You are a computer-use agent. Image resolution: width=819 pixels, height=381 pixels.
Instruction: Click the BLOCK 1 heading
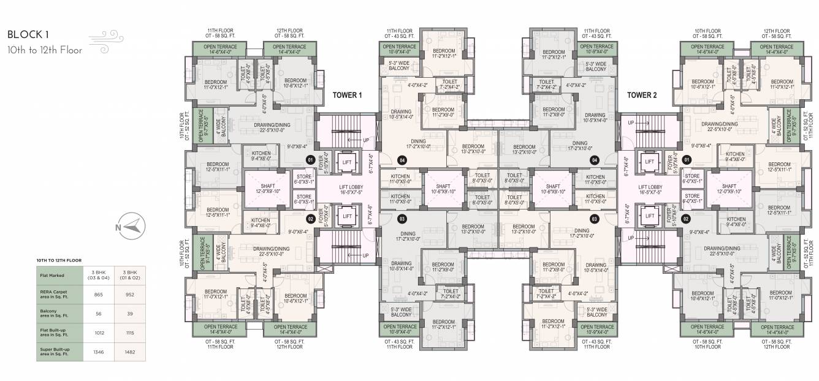point(28,35)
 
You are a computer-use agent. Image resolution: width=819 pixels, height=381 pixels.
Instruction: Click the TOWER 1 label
point(348,95)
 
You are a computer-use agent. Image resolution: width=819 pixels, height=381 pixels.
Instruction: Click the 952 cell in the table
point(130,294)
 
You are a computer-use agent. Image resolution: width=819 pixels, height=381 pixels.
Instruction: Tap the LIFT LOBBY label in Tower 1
point(347,188)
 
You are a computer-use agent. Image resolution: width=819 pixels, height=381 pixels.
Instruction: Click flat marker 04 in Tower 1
point(402,160)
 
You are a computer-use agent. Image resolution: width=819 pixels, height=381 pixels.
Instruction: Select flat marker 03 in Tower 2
point(593,218)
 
